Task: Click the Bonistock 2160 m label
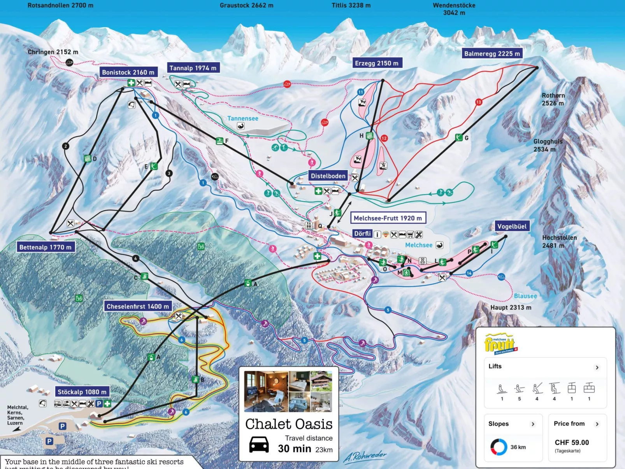click(x=128, y=72)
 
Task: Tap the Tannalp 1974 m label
click(x=193, y=68)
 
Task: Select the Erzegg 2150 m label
click(x=376, y=63)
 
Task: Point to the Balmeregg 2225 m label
click(x=492, y=54)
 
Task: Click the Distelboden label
click(x=328, y=176)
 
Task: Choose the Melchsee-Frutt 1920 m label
click(x=388, y=218)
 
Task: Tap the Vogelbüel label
click(x=511, y=227)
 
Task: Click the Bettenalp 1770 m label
click(x=45, y=247)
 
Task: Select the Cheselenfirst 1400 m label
click(x=138, y=306)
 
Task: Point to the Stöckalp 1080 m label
click(x=82, y=392)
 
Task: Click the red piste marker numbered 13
click(x=478, y=102)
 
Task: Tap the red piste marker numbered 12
click(x=384, y=138)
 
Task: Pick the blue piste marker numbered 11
click(x=360, y=92)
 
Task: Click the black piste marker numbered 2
click(x=65, y=146)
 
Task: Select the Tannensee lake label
click(x=242, y=118)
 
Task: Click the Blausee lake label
click(x=525, y=296)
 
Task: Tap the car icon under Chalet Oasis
click(x=259, y=444)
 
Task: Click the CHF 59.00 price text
click(x=572, y=443)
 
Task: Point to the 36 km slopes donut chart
click(x=499, y=447)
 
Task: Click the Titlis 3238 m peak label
click(x=351, y=5)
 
